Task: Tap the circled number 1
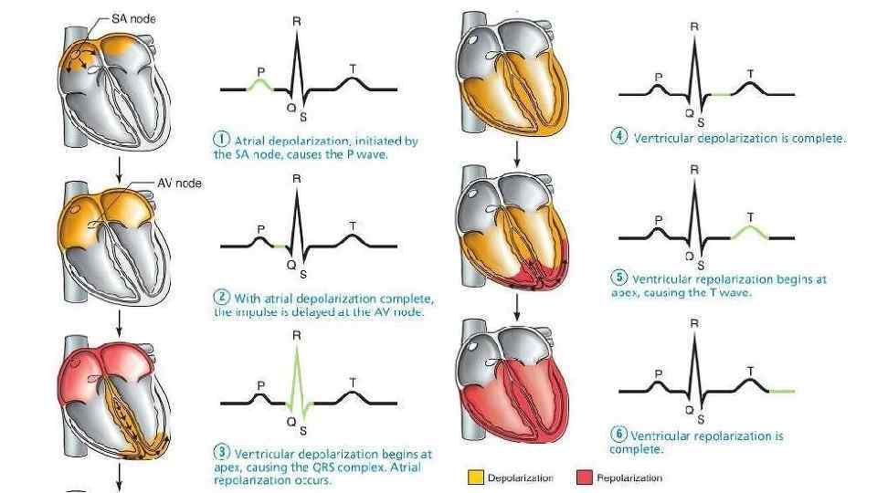coord(221,141)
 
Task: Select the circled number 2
coord(221,298)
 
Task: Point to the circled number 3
coord(222,453)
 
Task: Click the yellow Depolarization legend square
coord(475,477)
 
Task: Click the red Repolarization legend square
coord(584,477)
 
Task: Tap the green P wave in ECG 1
coord(261,83)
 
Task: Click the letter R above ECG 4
coord(695,26)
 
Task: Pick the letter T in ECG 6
coord(750,371)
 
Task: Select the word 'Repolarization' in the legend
coord(629,477)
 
